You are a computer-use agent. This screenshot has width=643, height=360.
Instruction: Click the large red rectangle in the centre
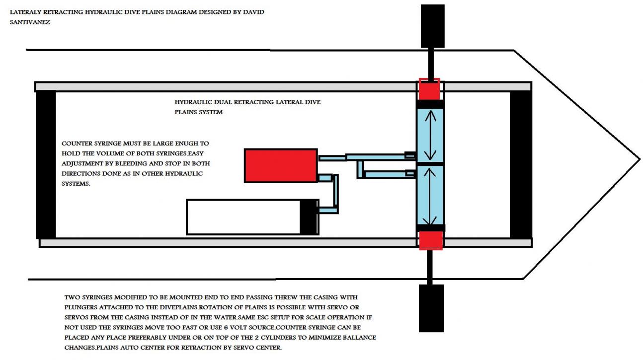coord(281,165)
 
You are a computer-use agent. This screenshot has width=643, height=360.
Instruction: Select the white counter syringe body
coord(243,217)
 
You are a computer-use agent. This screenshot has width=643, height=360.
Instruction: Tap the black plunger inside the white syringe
coord(309,217)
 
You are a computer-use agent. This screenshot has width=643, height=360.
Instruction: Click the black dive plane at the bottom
coord(431,308)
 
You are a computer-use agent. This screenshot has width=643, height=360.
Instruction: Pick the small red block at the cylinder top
coord(429,89)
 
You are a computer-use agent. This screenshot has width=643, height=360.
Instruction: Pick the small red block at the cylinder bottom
coord(430,240)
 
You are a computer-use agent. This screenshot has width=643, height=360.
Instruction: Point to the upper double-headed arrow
coord(430,134)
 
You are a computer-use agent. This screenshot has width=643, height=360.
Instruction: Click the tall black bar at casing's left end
coord(46,165)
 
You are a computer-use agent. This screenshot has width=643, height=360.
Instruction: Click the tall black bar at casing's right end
coord(521,165)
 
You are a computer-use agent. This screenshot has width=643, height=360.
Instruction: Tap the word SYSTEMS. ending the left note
coord(76,183)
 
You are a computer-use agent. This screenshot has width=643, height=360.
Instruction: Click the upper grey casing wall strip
coord(224,86)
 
